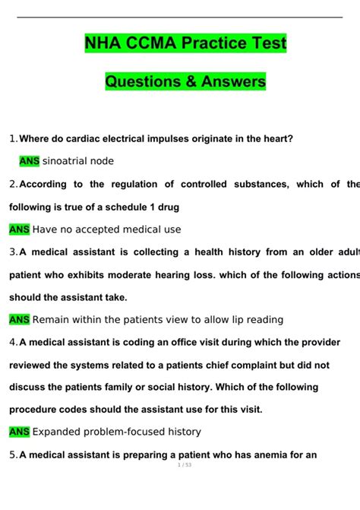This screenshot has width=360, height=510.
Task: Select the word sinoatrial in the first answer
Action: (65, 161)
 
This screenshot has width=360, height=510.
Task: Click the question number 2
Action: (13, 184)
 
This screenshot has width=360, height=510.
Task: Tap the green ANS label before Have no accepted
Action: (19, 230)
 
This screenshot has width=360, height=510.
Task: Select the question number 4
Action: (13, 343)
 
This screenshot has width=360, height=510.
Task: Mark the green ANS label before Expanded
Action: (19, 432)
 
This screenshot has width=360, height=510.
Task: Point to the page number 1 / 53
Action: (179, 486)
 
